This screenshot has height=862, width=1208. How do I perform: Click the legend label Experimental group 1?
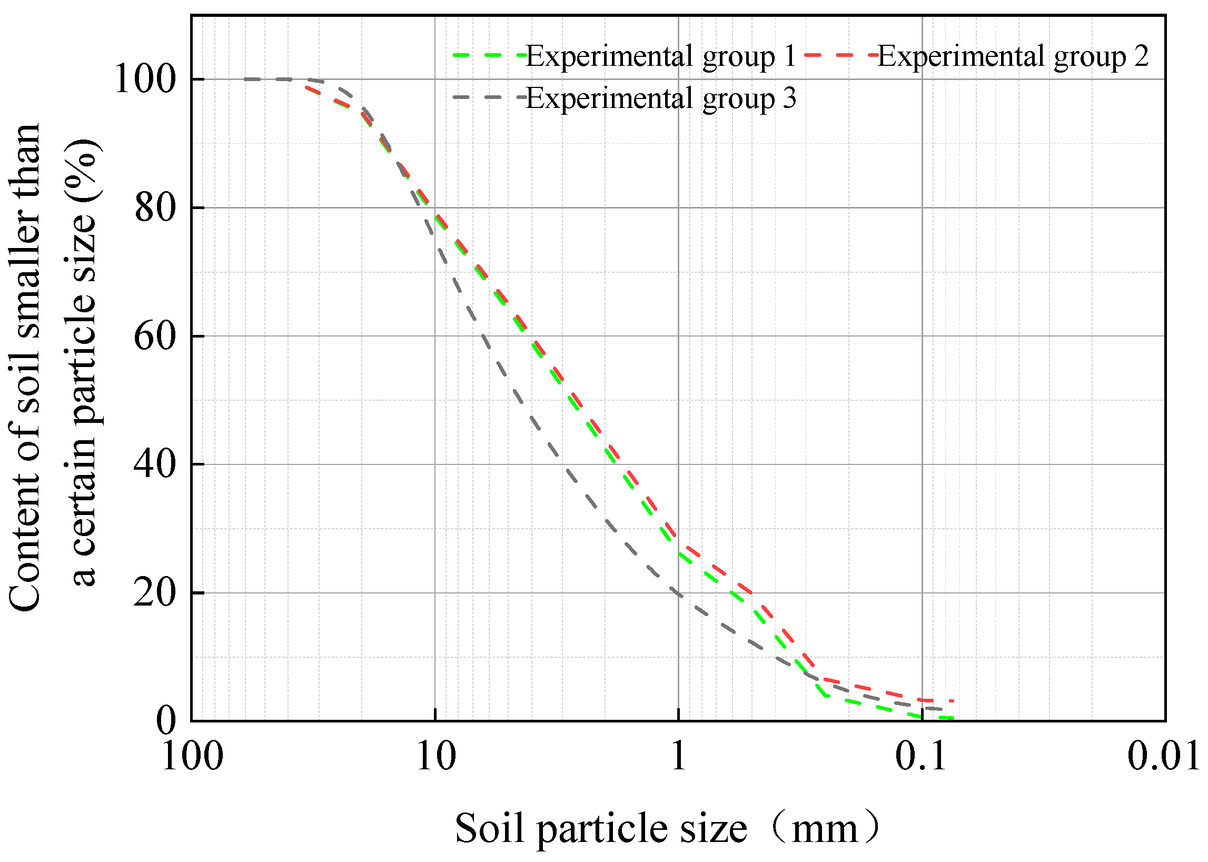(661, 56)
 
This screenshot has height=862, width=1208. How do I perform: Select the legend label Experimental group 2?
(1013, 56)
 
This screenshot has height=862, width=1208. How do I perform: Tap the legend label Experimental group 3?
(661, 98)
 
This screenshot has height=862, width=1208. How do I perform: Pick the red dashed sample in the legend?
(840, 55)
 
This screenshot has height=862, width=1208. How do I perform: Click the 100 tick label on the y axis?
(145, 80)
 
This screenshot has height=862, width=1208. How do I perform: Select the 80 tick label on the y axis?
(155, 209)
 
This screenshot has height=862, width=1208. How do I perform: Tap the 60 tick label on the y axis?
(155, 337)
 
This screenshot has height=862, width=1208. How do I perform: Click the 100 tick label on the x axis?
(192, 757)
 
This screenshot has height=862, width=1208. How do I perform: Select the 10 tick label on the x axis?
(435, 757)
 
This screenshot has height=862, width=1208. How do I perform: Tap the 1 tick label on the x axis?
(679, 757)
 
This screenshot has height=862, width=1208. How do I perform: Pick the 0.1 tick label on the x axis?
(922, 757)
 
